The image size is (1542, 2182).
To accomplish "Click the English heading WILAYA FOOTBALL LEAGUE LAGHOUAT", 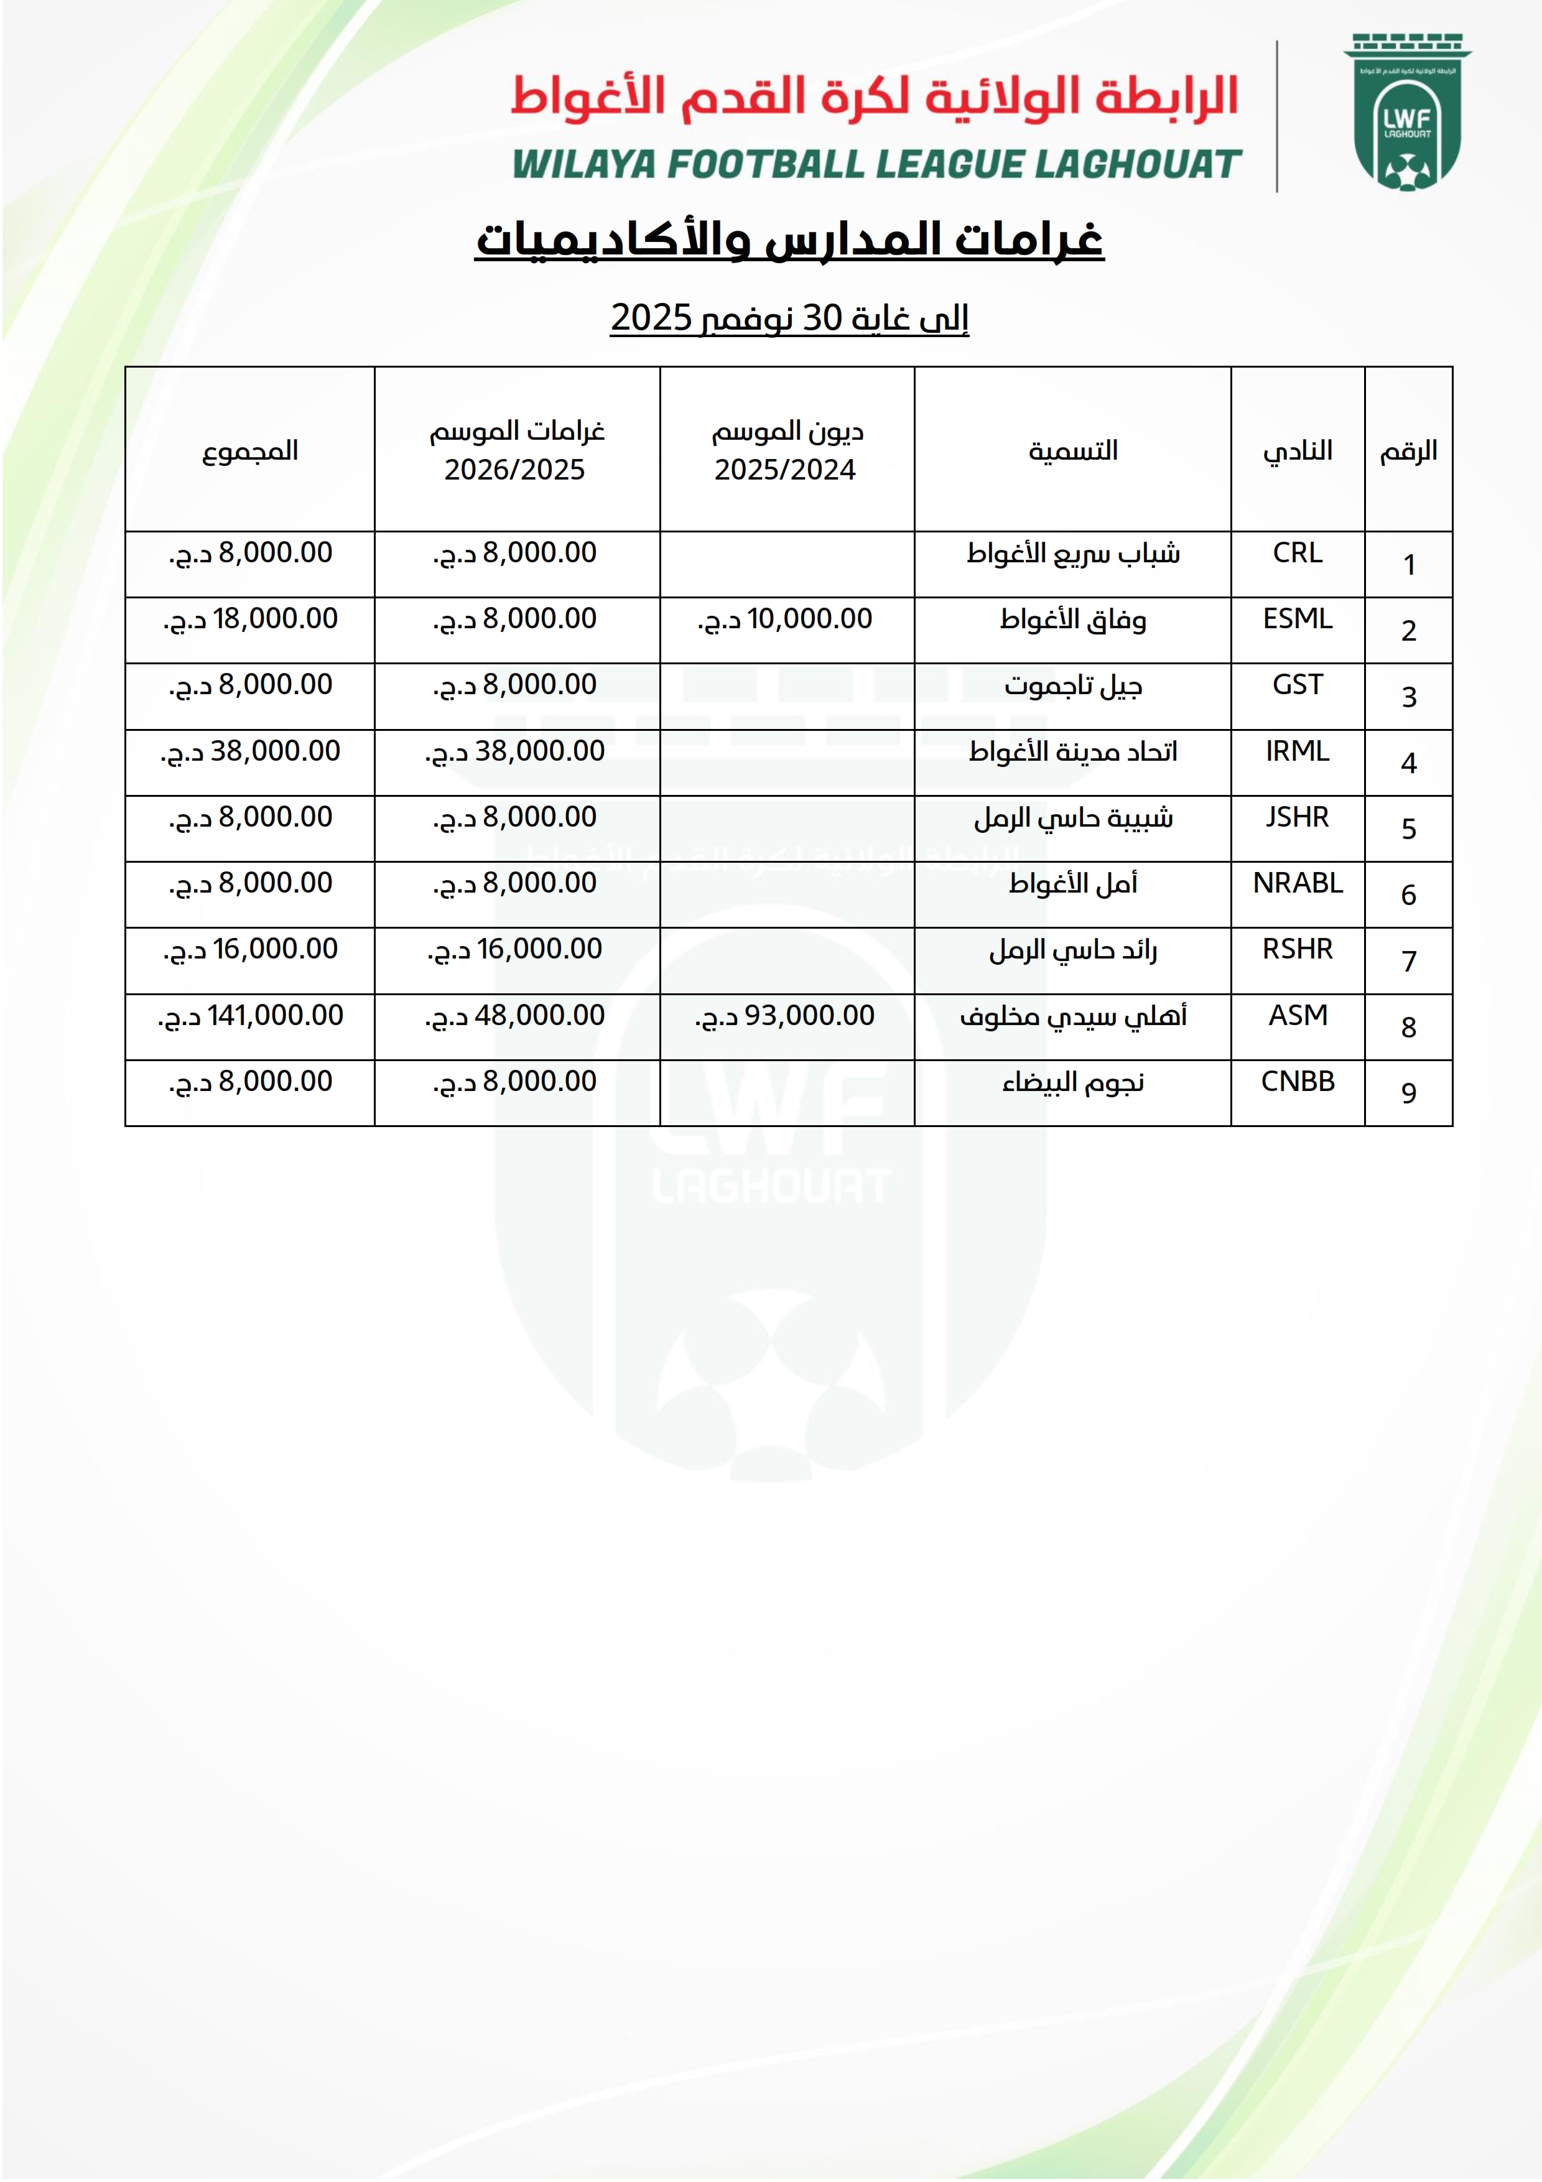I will coord(876,164).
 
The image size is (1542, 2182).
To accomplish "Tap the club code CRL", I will coord(1297,553).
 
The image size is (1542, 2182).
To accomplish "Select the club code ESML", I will coord(1297,619).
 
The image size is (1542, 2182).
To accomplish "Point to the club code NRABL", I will coord(1297,883).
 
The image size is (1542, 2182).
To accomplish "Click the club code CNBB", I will coord(1297,1082).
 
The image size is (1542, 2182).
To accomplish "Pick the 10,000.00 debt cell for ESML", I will coord(786,620).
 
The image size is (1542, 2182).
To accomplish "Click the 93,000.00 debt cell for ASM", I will coord(786,1016).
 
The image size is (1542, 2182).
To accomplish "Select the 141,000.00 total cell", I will coord(251,1016).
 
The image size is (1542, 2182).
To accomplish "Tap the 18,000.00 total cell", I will coord(251,620).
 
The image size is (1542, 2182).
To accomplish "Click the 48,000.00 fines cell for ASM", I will coord(516,1016).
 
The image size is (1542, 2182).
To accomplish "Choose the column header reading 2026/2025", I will coord(515,470).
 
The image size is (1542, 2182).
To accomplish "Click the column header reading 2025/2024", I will coord(785,470).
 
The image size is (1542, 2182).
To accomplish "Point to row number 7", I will coord(1408,961).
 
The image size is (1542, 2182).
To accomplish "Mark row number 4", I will coord(1408,763).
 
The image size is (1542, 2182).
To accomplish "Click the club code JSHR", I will coord(1297,817).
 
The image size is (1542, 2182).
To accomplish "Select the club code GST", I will coord(1297,685).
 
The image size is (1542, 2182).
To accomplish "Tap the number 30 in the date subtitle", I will coord(823,317).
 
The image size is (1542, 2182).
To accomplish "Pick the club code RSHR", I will coord(1297,949).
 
